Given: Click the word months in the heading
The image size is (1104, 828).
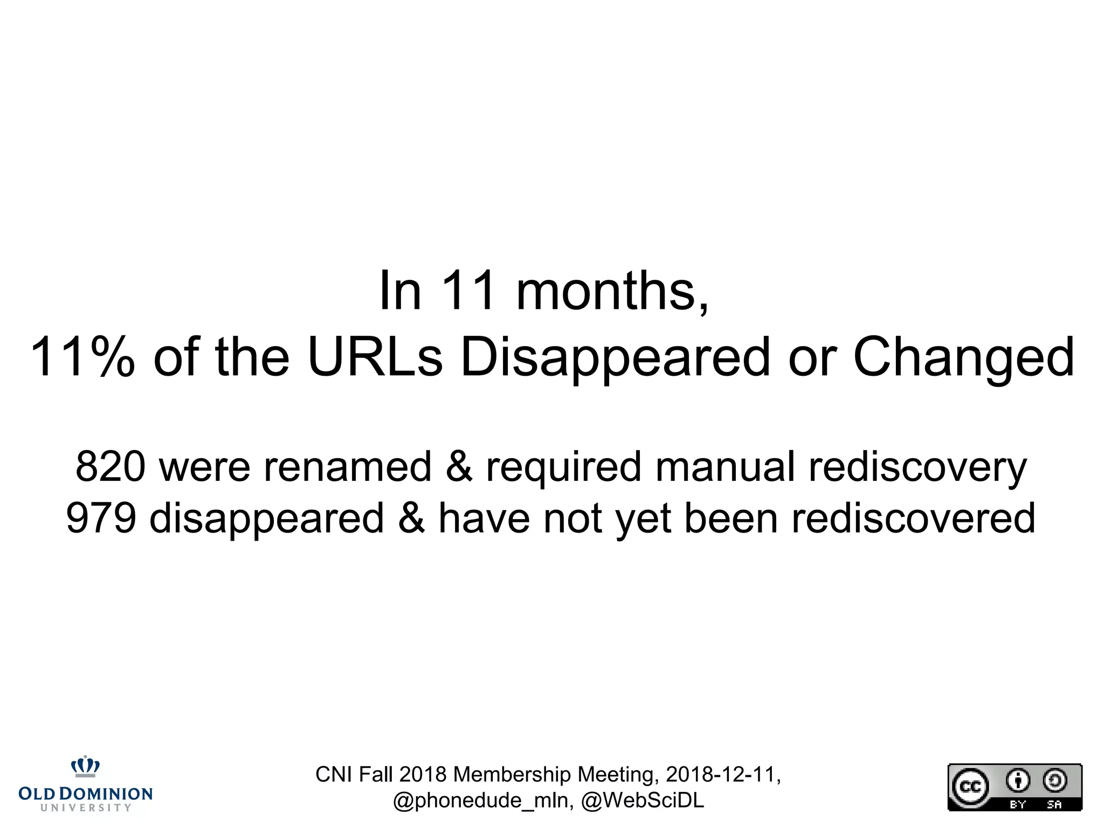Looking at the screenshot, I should (x=612, y=292).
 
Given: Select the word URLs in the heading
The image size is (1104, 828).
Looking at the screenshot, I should (x=375, y=357).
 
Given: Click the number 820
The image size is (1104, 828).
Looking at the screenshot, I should (x=111, y=467).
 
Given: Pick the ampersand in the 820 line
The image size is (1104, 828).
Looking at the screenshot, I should (x=459, y=467).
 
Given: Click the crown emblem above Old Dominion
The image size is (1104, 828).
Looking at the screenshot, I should (x=86, y=766).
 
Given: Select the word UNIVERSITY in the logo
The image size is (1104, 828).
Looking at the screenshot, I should (x=86, y=808).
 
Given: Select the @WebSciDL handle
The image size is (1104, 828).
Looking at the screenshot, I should (x=643, y=801).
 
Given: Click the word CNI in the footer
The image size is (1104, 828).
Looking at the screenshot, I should (x=334, y=775).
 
